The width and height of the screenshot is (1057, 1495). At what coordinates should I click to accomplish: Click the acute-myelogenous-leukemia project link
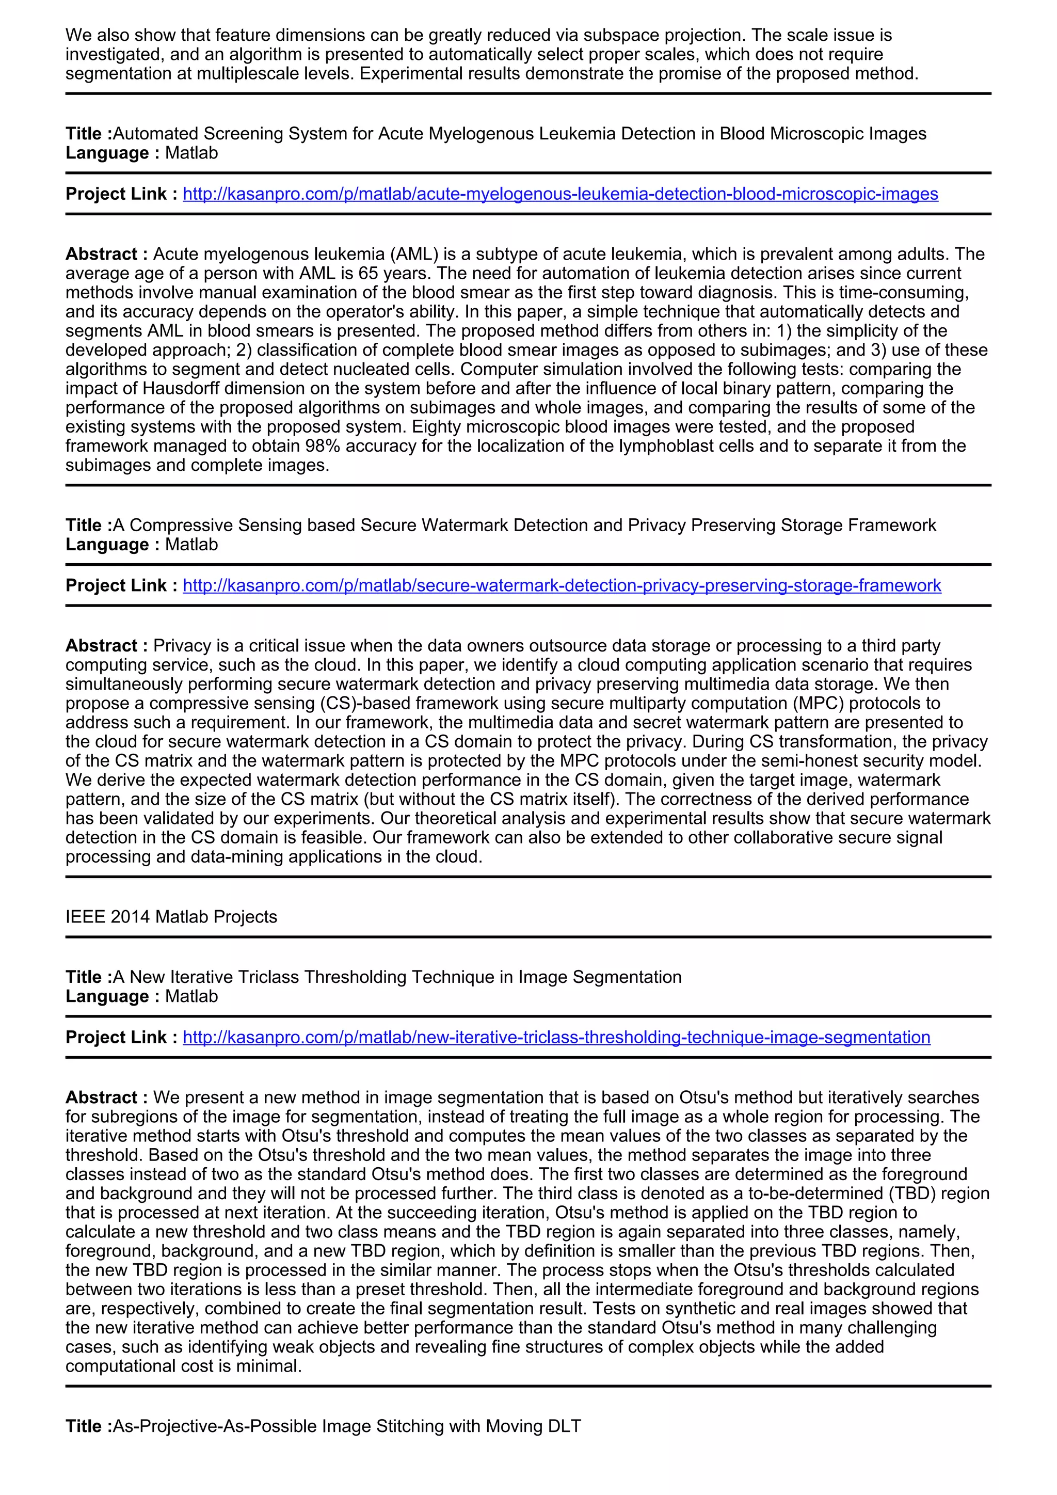coord(560,194)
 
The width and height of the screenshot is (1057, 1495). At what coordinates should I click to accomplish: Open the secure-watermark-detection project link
coord(561,585)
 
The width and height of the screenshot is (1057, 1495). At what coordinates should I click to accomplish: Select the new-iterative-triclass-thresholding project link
coord(556,1037)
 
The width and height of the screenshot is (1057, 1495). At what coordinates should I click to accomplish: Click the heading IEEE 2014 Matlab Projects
coord(171,917)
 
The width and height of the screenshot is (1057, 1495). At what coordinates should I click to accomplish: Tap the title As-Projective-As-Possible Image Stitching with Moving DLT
coord(346,1426)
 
